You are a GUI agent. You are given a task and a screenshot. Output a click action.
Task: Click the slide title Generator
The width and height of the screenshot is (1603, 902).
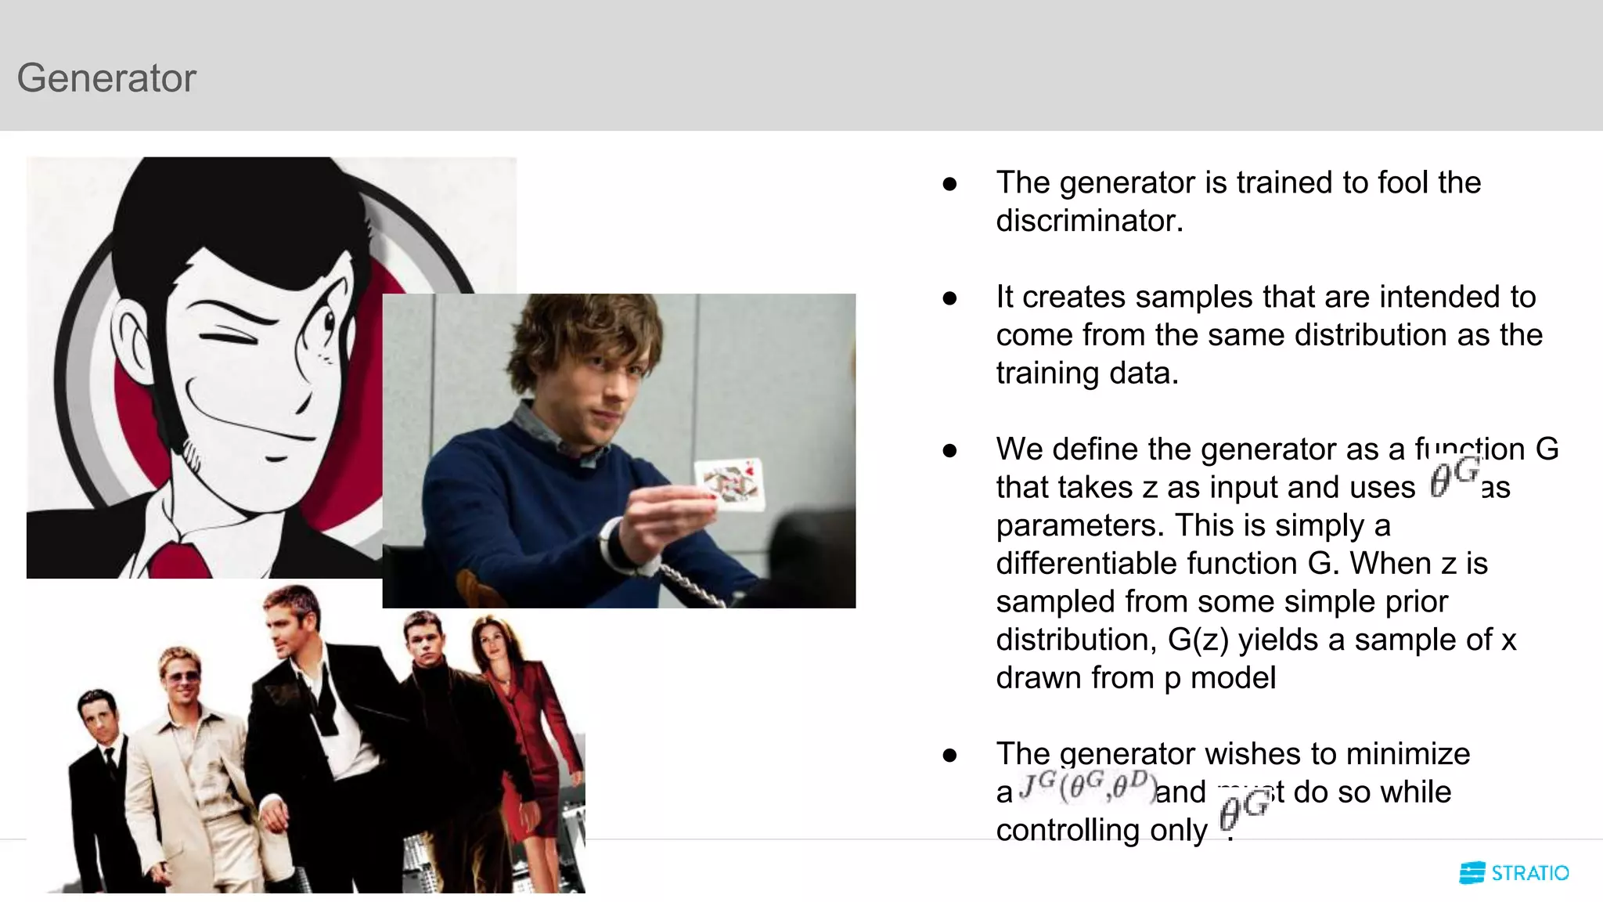106,78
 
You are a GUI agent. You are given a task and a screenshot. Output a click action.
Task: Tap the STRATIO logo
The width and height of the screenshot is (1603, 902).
1514,873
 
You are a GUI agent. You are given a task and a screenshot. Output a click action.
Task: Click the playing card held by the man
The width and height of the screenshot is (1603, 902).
729,484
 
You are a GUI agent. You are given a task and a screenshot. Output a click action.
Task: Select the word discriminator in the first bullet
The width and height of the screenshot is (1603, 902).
1088,221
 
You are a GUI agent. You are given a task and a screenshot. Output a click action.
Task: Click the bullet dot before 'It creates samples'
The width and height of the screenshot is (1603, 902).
949,298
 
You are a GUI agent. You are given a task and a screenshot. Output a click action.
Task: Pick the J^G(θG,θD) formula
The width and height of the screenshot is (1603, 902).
1086,787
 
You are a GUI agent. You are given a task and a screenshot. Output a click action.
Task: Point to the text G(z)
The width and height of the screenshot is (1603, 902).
1198,640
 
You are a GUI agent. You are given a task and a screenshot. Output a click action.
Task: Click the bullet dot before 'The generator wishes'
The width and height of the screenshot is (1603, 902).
949,756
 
